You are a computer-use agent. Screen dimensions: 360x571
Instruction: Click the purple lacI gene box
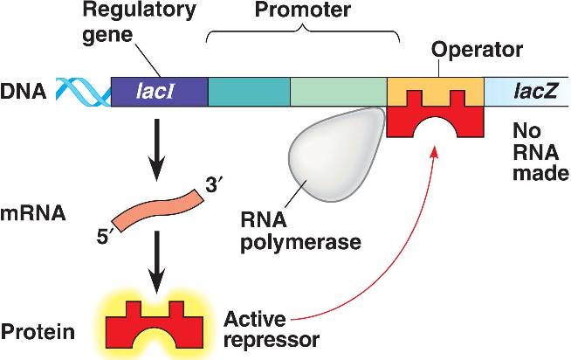click(x=159, y=91)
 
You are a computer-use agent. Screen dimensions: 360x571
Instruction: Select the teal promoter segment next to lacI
click(x=249, y=91)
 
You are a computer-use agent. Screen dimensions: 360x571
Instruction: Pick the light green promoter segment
click(x=339, y=91)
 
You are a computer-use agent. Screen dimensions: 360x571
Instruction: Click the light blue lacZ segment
click(x=525, y=91)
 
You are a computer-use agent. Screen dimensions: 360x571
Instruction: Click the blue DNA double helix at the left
click(x=84, y=90)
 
